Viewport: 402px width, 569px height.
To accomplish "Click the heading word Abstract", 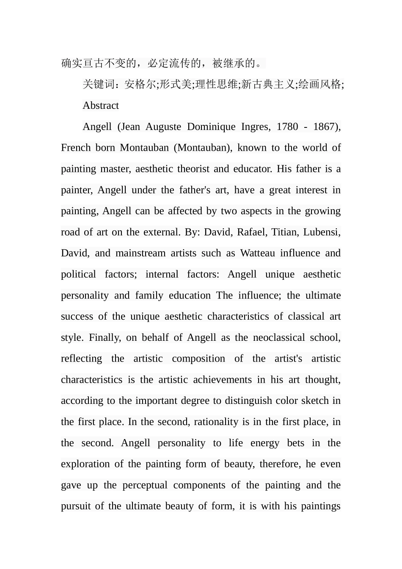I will coord(101,106).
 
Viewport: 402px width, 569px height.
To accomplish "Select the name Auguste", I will coord(163,127).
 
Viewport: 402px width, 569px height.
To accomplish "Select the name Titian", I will coord(284,232).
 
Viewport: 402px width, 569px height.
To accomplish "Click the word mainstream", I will coord(140,253).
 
